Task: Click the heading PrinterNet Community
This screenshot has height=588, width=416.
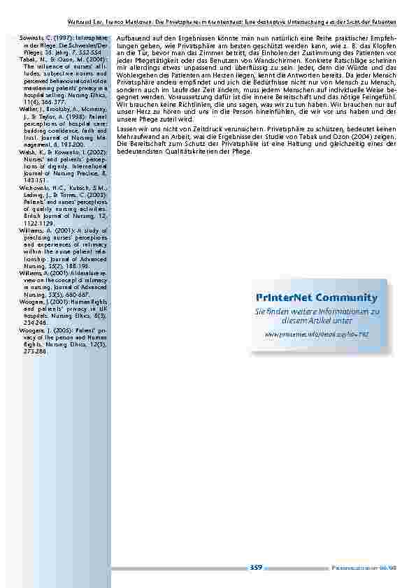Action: tap(321, 297)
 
